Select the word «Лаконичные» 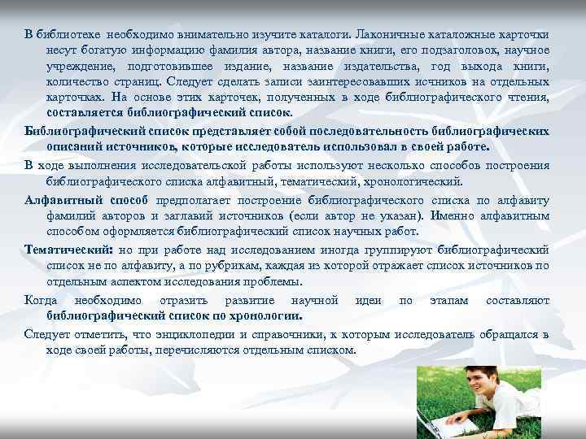[390, 35]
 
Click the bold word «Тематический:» [68, 250]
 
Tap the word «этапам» [448, 301]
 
